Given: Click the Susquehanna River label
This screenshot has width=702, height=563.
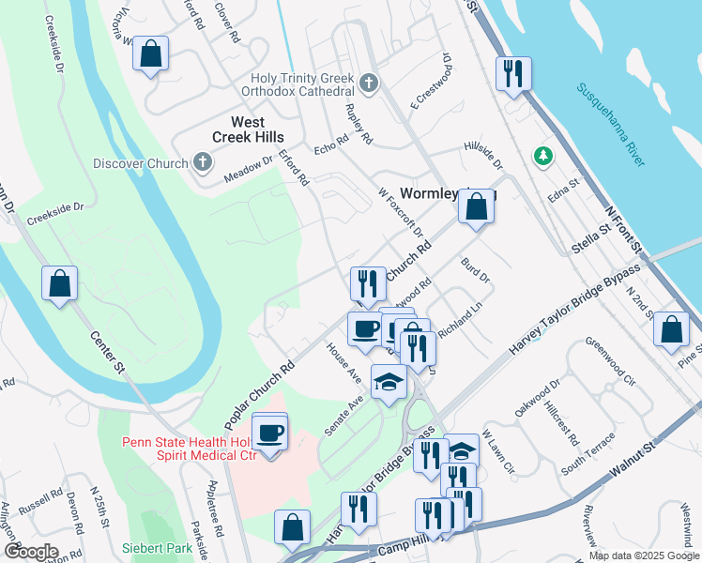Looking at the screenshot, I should (x=611, y=121).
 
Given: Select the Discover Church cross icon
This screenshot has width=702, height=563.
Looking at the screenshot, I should (x=202, y=163).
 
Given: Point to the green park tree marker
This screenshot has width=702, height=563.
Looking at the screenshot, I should (x=542, y=155).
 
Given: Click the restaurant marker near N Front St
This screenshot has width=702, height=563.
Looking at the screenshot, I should (x=512, y=73).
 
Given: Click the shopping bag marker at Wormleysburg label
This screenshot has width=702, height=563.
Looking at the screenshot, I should (x=477, y=206).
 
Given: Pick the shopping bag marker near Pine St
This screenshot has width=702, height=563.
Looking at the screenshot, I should (x=672, y=329).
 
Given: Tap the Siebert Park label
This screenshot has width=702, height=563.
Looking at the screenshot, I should (x=157, y=547).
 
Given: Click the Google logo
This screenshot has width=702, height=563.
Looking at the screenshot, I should (x=30, y=552).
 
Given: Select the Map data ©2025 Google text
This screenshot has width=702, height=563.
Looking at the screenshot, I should (x=643, y=555).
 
